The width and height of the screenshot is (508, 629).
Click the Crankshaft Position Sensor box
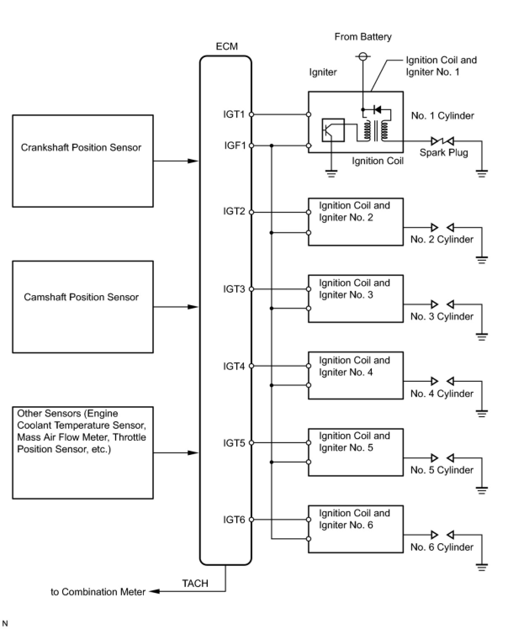pos(82,161)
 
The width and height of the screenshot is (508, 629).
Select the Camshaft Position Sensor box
pos(82,307)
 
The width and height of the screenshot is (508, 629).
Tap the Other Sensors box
pos(82,452)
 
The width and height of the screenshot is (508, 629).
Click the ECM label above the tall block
pos(227,46)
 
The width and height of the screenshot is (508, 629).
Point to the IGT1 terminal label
pos(234,114)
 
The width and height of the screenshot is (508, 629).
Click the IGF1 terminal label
pos(235,145)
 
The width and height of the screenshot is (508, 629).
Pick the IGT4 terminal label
pos(234,366)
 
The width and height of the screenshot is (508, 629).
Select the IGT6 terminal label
pos(234,520)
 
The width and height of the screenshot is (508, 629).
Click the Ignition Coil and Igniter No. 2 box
pos(355,222)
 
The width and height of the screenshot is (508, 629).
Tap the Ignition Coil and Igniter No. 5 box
pos(355,452)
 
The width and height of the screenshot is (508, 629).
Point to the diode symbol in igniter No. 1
pos(377,110)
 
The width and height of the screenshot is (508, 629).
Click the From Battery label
pos(362,37)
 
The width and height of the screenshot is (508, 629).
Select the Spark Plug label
pos(444,152)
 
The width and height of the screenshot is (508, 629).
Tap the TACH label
pos(195,583)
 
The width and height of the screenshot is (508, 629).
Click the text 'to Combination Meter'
pos(98,592)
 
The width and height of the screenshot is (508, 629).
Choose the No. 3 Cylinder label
pos(442,316)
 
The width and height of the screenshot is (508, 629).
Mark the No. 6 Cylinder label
pos(442,547)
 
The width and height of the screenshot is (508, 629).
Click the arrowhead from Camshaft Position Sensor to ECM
pos(193,307)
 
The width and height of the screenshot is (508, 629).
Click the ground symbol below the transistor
pos(331,173)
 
